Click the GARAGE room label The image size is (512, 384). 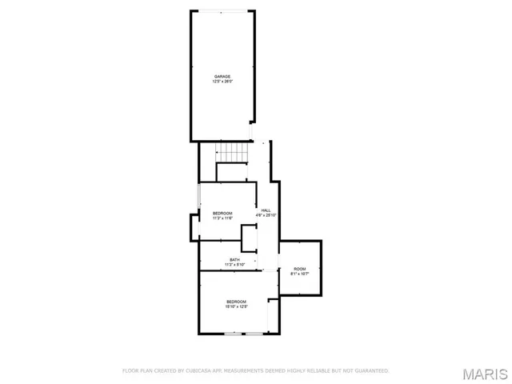(x=222, y=77)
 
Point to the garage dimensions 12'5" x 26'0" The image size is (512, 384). (x=222, y=82)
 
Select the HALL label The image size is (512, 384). (x=266, y=210)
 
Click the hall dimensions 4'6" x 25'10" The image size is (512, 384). (x=266, y=215)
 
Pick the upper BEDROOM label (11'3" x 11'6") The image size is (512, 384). (x=222, y=213)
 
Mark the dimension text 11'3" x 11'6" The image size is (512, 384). (x=222, y=218)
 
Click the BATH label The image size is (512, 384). (x=234, y=260)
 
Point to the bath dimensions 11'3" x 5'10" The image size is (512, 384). (x=234, y=265)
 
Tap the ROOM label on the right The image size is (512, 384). (x=299, y=269)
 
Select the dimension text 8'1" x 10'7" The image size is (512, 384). (x=299, y=274)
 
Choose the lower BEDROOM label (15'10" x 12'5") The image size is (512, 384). (x=237, y=302)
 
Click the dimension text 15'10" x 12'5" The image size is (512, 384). (x=237, y=306)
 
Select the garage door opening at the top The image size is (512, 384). (x=222, y=11)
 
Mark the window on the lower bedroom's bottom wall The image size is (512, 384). (x=243, y=333)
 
